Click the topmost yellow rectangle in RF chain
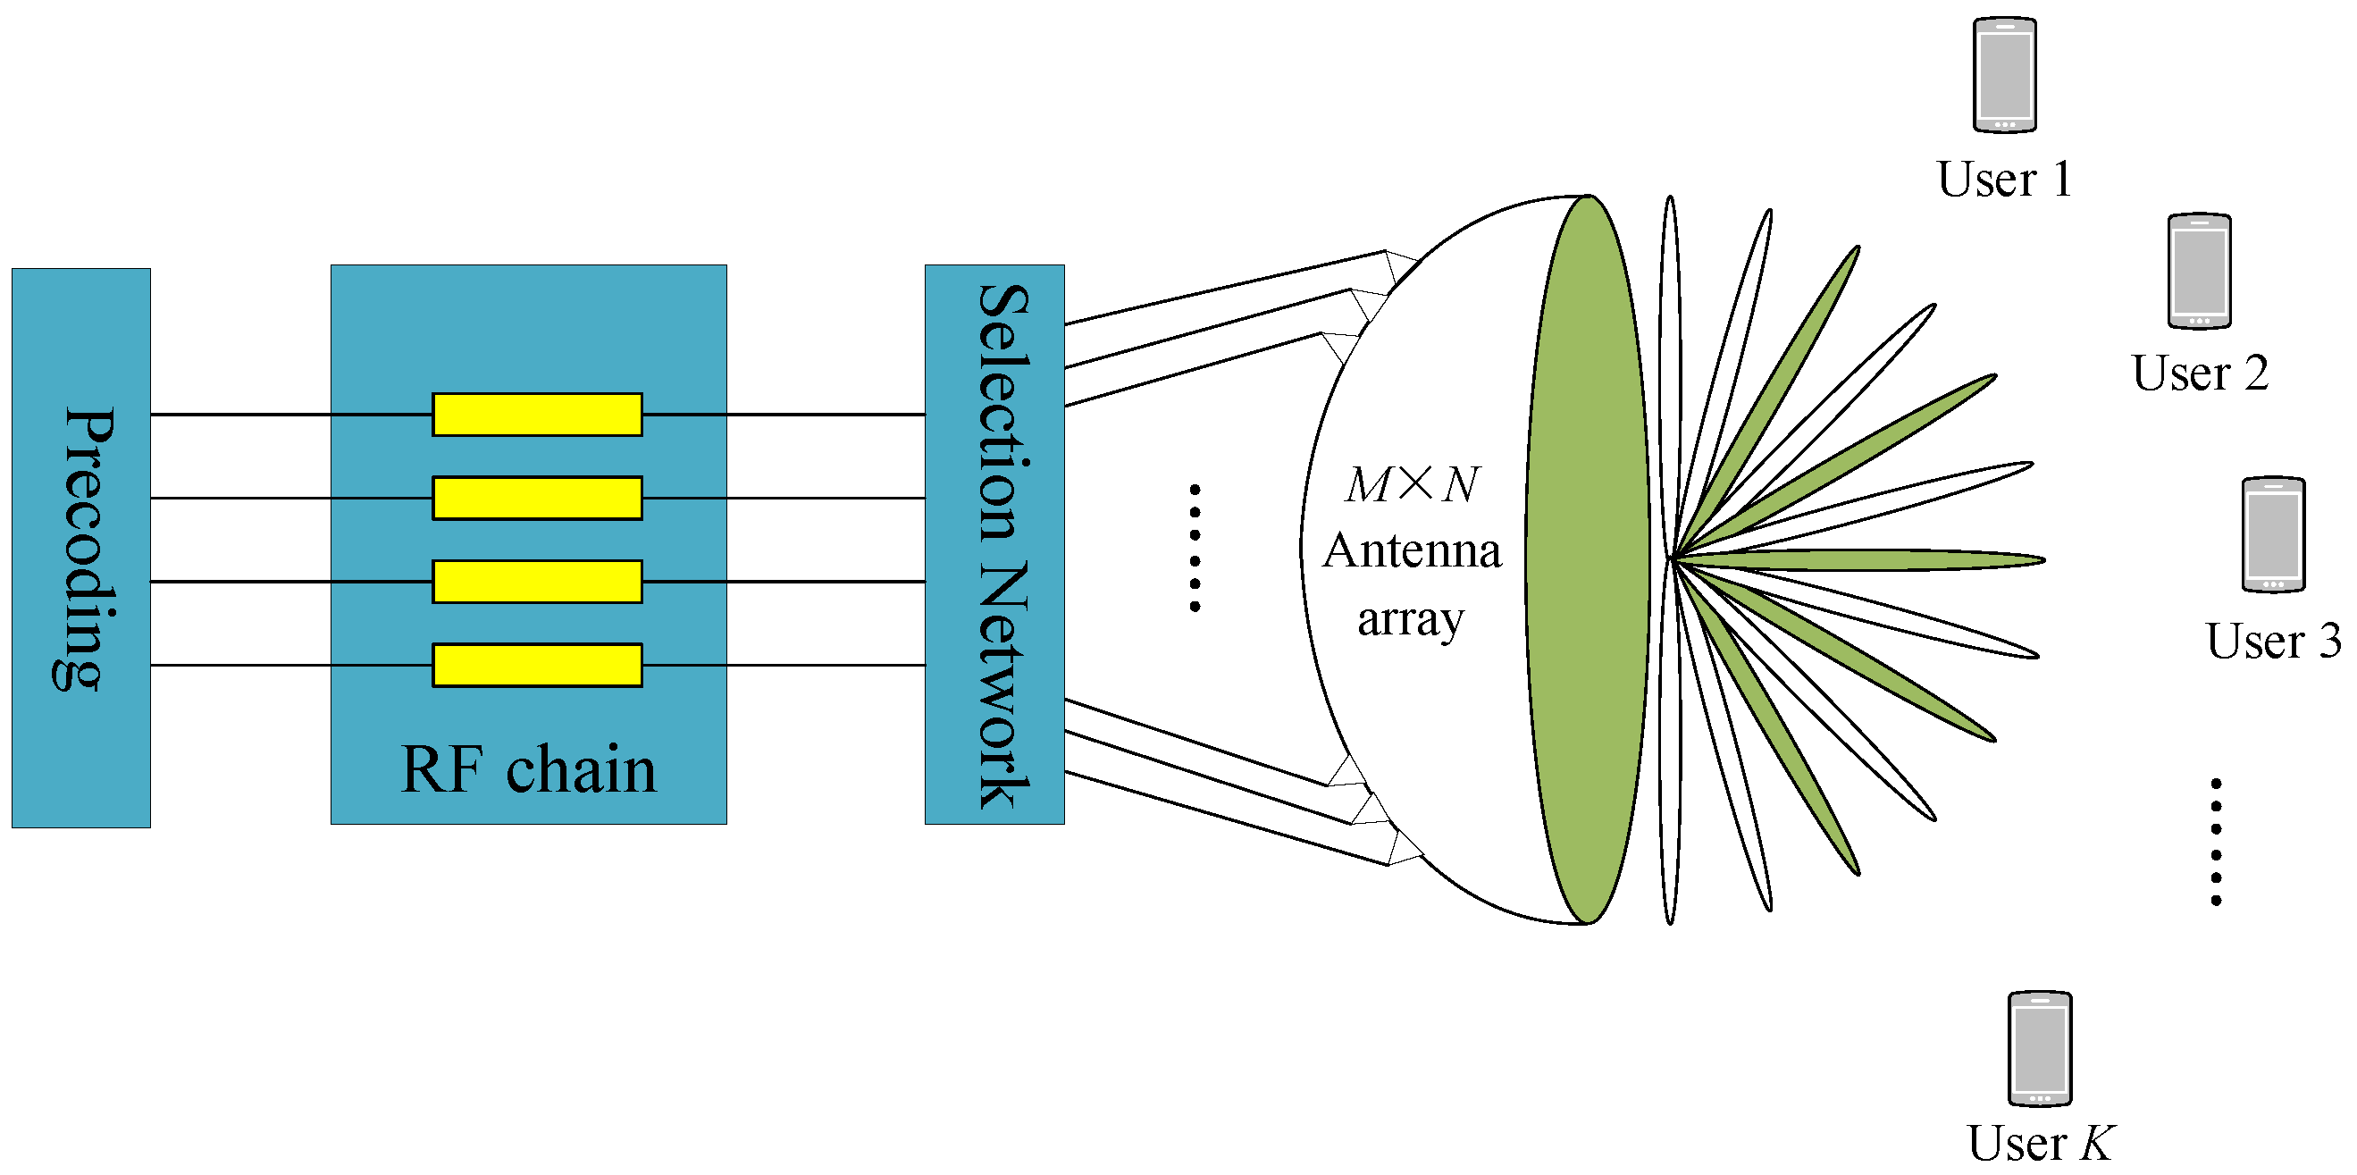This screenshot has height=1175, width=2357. click(x=537, y=415)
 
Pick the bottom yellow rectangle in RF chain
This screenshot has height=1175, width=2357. click(x=537, y=666)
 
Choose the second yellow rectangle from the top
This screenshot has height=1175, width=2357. click(x=537, y=498)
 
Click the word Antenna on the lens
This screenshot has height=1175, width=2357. click(x=1412, y=551)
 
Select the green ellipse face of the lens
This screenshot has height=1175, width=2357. click(x=1589, y=560)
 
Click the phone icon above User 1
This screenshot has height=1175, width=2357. click(x=2004, y=75)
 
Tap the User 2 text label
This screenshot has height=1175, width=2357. click(x=2200, y=373)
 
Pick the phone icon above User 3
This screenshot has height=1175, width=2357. click(x=2273, y=535)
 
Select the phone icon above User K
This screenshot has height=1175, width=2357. click(x=2040, y=1049)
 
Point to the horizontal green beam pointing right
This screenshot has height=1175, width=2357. click(x=1875, y=559)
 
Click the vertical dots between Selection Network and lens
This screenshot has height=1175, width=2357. click(x=1194, y=548)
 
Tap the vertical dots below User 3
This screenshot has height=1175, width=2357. click(x=2216, y=842)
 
